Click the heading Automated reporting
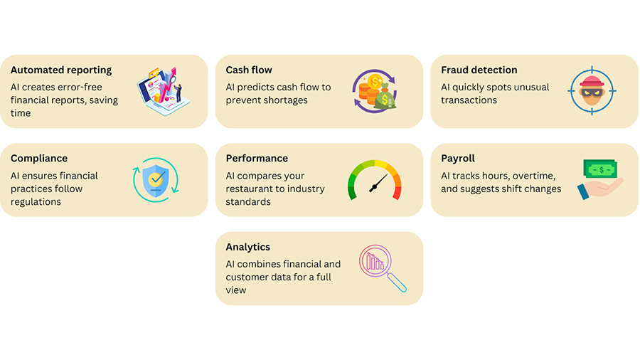pos(61,70)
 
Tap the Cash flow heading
pos(249,70)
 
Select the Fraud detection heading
pos(479,70)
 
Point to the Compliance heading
pos(39,159)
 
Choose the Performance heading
pos(257,159)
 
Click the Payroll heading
pos(458,159)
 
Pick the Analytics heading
pos(248,248)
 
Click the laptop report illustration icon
pos(164,92)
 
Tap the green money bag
pos(385,98)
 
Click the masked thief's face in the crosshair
pos(592,90)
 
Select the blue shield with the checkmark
pos(156,181)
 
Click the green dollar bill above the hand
pos(600,169)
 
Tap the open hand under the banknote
pos(600,189)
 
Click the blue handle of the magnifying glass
pos(396,282)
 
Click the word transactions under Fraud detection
pos(469,100)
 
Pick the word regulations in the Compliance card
pos(36,202)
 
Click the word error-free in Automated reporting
pos(79,88)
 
